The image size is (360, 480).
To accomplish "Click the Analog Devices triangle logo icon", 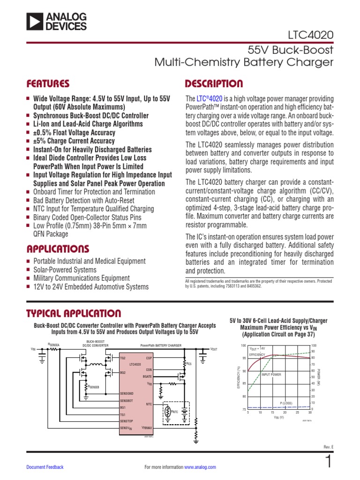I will [x=35, y=22].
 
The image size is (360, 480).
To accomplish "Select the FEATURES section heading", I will [x=48, y=84].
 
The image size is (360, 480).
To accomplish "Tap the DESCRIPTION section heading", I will [x=214, y=84].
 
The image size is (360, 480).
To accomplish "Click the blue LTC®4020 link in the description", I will [x=209, y=99].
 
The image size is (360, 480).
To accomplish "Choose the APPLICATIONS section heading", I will [x=57, y=248].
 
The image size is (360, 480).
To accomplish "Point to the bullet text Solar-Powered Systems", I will [x=65, y=270].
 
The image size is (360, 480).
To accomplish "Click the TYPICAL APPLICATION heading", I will [x=73, y=313].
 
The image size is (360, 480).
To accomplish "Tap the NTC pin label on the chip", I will [x=149, y=403].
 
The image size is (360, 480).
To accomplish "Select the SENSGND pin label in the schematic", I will [x=127, y=393].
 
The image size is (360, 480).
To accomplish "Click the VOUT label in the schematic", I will [x=214, y=349].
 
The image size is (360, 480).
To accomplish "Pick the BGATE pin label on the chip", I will [x=147, y=376].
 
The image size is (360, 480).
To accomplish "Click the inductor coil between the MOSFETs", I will [x=97, y=364].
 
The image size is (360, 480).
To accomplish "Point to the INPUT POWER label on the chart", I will [x=271, y=375].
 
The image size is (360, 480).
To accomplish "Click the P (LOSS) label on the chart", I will [x=286, y=403].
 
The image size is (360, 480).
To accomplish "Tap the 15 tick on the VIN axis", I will [x=272, y=412].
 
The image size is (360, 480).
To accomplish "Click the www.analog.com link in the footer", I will [x=200, y=467].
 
